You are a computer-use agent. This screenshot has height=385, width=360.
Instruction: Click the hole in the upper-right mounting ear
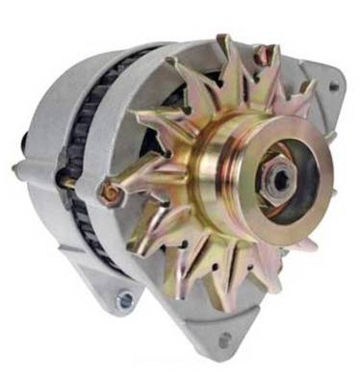pyautogui.click(x=333, y=87)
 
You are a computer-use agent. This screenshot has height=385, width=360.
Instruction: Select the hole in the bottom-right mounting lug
pyautogui.click(x=224, y=340)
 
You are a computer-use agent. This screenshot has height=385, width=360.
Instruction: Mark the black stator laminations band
pyautogui.click(x=82, y=144)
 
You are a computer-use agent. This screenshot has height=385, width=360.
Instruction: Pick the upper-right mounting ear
pyautogui.click(x=322, y=82)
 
